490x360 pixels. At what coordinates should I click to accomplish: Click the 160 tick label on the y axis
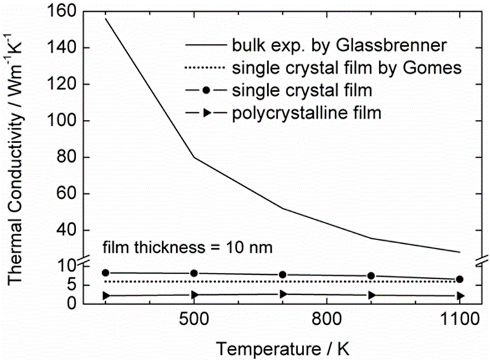point(59,12)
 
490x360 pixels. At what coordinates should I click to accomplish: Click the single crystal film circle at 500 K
point(194,273)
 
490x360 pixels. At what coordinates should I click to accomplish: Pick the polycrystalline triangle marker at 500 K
point(194,295)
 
